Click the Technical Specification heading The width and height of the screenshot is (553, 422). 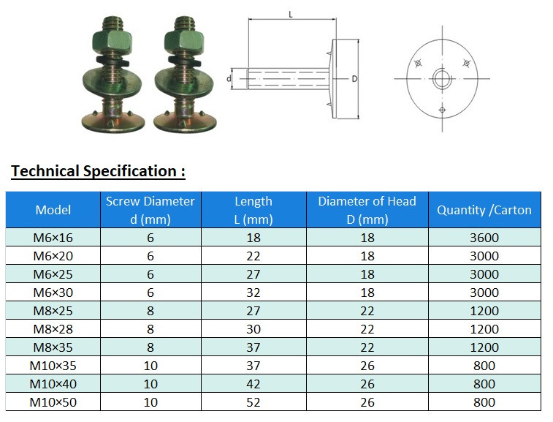pos(98,171)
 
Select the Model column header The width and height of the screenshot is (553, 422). pos(53,210)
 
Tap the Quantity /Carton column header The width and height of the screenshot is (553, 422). pos(484,210)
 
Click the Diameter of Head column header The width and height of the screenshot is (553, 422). pos(367,210)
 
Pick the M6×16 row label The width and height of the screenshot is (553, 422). pos(53,238)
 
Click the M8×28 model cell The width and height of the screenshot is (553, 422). pos(53,329)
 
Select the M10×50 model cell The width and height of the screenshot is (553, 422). pos(53,402)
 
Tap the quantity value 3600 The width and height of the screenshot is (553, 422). pos(484,238)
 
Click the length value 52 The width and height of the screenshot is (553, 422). pos(253,402)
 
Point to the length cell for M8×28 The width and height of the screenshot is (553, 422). pos(253,329)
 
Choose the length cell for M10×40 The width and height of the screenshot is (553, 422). pos(253,384)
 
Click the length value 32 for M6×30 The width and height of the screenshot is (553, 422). pos(253,293)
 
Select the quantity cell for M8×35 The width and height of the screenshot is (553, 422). pos(484,347)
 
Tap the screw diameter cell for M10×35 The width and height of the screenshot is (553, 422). pos(150,366)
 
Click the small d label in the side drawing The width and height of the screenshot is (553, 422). pos(229,78)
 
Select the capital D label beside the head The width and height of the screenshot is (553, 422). pos(354,78)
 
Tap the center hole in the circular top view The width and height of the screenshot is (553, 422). pos(441,78)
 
